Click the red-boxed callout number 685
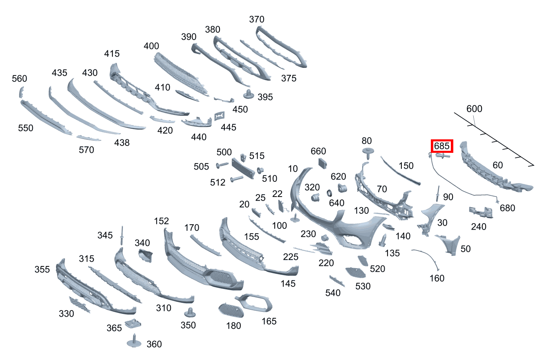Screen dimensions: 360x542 click(441, 145)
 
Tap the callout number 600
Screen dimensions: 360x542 click(474, 109)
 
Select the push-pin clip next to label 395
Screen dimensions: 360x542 click(248, 94)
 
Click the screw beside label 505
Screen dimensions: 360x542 click(223, 165)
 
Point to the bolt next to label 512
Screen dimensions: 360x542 click(237, 179)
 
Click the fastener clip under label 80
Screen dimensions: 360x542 click(367, 153)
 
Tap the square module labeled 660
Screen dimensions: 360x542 click(323, 163)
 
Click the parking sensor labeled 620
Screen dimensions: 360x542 click(342, 188)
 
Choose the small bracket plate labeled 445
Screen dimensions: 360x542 click(219, 116)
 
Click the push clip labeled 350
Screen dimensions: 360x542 click(189, 313)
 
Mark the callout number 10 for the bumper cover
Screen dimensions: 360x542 click(293, 169)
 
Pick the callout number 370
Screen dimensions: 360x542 click(256, 19)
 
